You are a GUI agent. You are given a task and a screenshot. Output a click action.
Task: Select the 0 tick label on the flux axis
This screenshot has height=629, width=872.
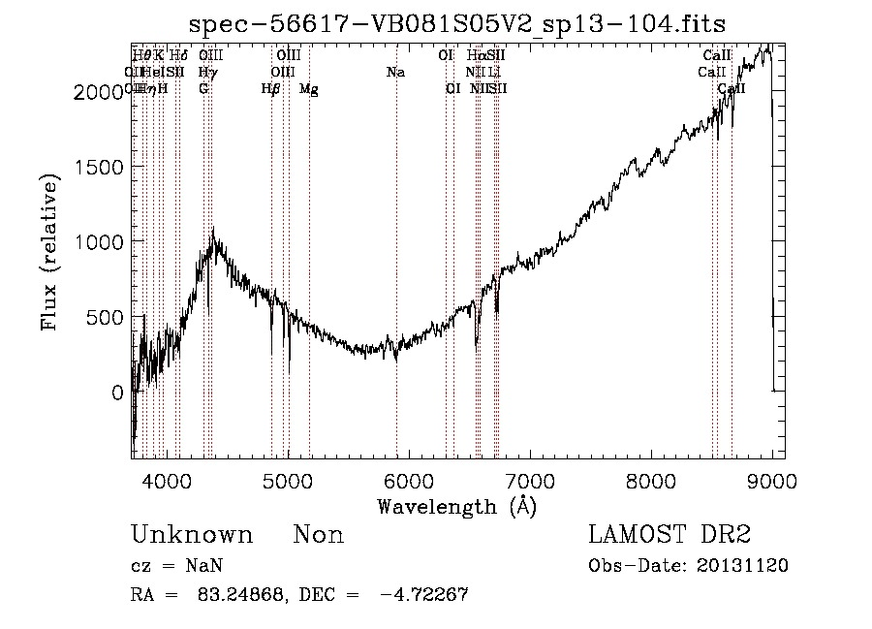point(117,393)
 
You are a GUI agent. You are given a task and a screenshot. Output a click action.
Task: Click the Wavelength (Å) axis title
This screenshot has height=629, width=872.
point(456,505)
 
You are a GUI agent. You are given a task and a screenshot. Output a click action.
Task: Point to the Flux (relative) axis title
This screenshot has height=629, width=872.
point(48,252)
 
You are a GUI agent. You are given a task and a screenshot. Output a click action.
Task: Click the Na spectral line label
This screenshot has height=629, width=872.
point(395,72)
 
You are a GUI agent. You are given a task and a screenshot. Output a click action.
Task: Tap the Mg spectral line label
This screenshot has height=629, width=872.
point(309,88)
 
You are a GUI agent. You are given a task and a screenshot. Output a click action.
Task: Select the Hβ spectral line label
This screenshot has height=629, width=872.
point(271,88)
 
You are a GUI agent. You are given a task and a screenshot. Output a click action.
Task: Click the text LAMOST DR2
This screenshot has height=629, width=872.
point(670,535)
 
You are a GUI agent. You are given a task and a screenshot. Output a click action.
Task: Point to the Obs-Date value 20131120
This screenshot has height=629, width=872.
point(742,565)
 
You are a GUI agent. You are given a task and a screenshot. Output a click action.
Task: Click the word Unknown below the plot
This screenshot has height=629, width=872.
point(192,535)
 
